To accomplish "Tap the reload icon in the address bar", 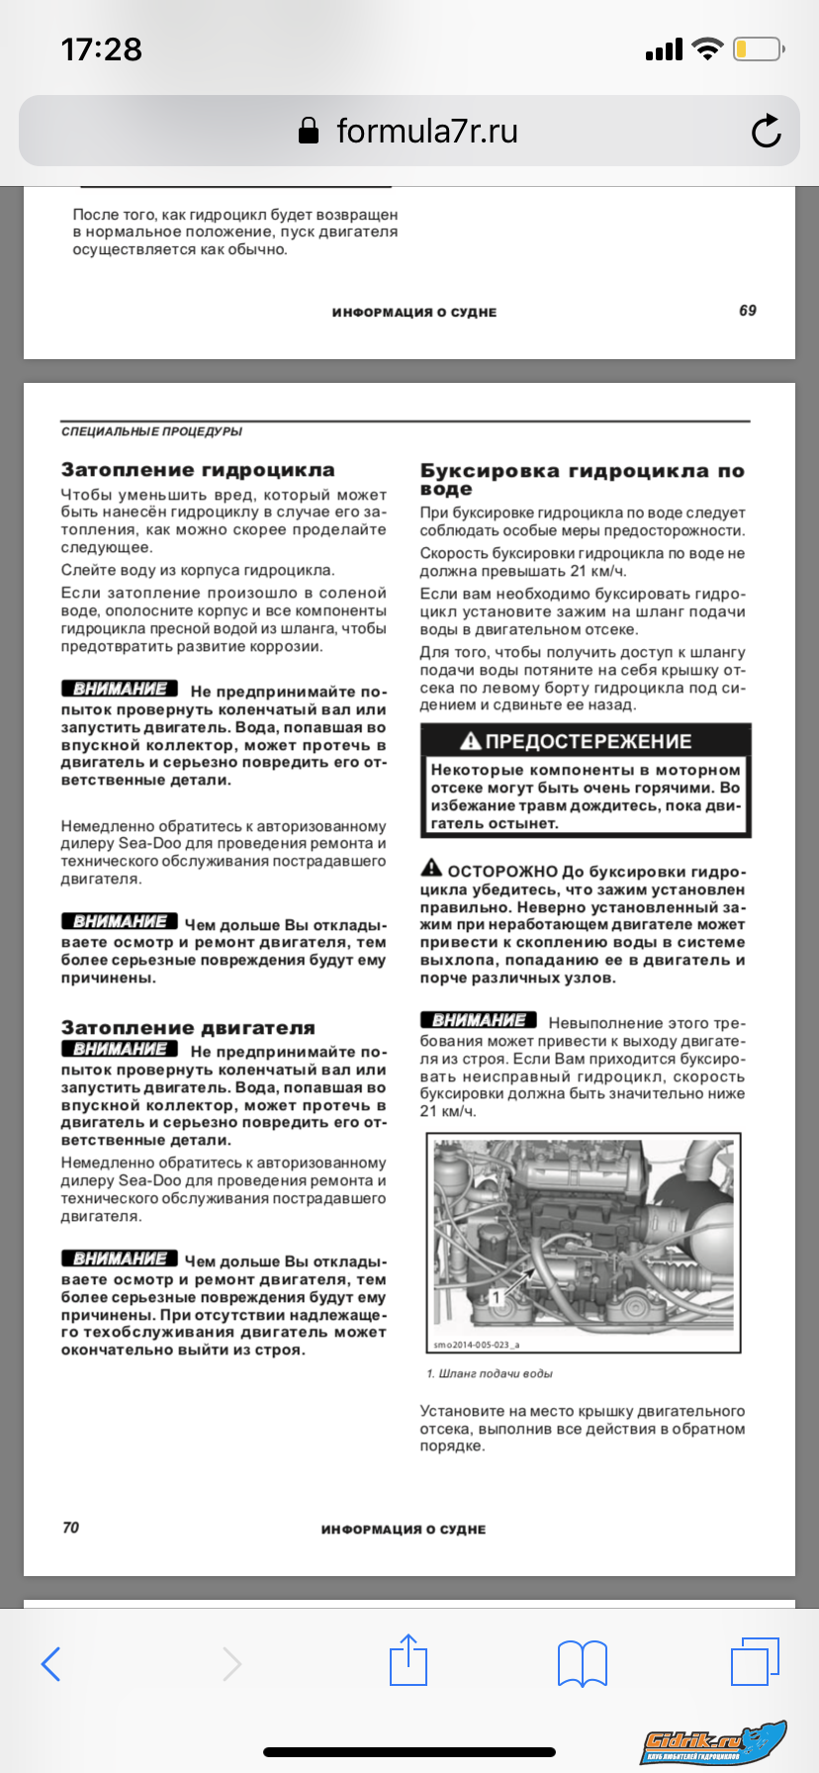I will pyautogui.click(x=766, y=132).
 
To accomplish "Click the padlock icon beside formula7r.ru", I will pyautogui.click(x=309, y=132).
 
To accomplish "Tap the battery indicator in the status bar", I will pyautogui.click(x=757, y=49).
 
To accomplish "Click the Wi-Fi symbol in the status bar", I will pyautogui.click(x=707, y=49).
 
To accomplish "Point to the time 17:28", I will pyautogui.click(x=101, y=49).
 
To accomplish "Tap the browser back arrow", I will pyautogui.click(x=51, y=1664).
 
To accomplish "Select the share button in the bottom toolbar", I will pyautogui.click(x=408, y=1661).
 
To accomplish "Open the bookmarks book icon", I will pyautogui.click(x=583, y=1663).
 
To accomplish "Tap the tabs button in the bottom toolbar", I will pyautogui.click(x=755, y=1662).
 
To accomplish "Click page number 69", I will pyautogui.click(x=748, y=311).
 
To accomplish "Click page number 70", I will pyautogui.click(x=70, y=1528).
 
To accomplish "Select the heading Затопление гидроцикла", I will pyautogui.click(x=198, y=470).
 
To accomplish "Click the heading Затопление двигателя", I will pyautogui.click(x=188, y=1028).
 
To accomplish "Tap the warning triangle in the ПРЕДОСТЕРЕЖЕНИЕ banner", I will pyautogui.click(x=471, y=741).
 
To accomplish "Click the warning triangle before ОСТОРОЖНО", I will pyautogui.click(x=431, y=869).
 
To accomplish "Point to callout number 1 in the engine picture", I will pyautogui.click(x=497, y=1296).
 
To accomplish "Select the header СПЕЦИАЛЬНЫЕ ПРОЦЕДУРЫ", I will pyautogui.click(x=151, y=431).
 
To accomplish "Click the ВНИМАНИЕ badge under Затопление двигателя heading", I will pyautogui.click(x=120, y=1050).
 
